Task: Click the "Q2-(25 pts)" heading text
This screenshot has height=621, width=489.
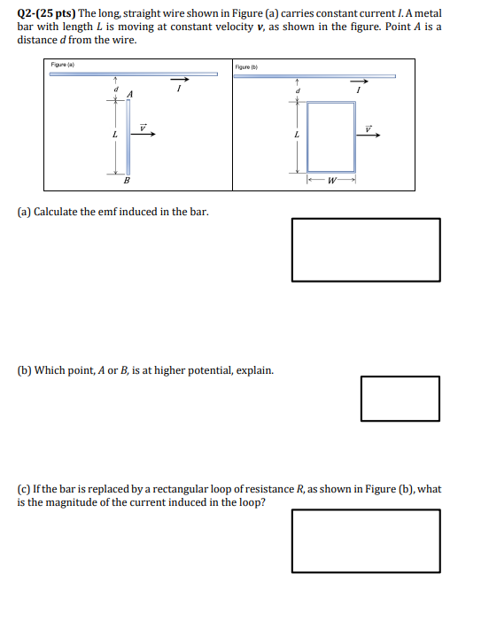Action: (47, 15)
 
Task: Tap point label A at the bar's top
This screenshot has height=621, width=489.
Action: (130, 94)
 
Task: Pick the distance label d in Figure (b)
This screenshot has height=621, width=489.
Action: (298, 88)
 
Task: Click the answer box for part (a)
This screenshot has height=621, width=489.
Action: (365, 249)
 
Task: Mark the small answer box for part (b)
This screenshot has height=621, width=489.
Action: (400, 399)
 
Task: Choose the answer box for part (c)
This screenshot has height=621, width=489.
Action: (365, 540)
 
